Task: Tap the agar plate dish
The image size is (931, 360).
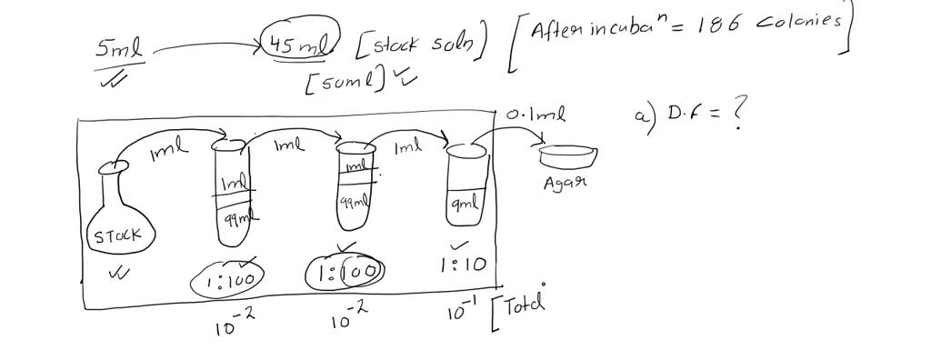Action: [568, 156]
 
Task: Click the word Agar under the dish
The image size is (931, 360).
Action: [566, 182]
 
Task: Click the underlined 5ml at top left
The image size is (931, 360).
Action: [120, 50]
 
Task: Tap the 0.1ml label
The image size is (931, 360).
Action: [536, 116]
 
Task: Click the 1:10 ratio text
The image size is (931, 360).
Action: [463, 265]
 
